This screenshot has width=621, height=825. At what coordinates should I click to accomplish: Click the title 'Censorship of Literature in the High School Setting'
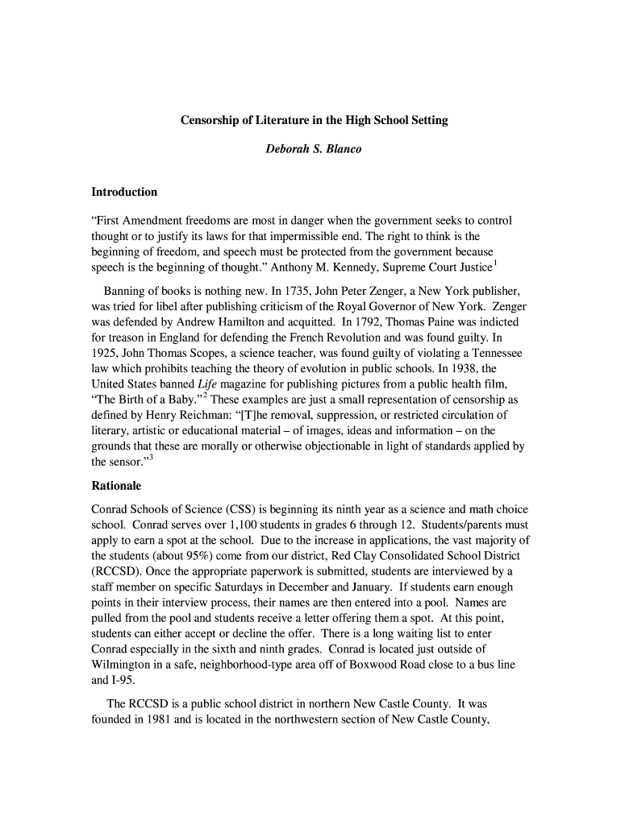313,120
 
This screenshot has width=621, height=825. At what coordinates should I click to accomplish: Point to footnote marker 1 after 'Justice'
494,260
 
